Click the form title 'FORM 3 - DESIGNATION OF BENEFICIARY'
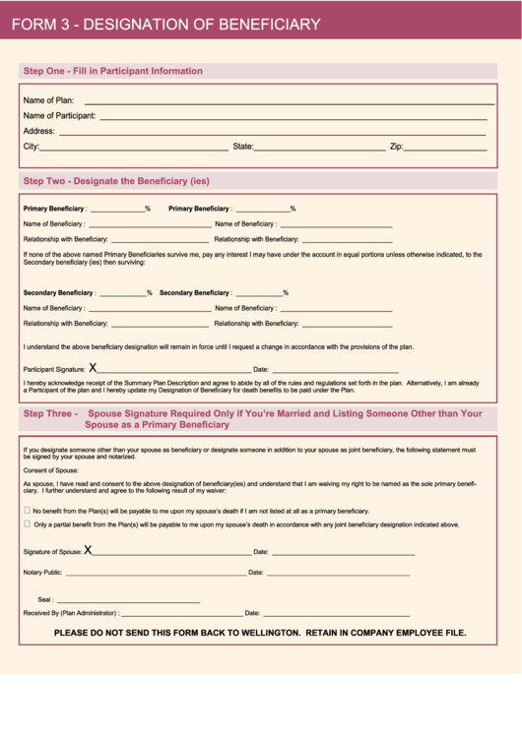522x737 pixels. point(165,25)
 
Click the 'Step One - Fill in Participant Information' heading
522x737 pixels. point(112,71)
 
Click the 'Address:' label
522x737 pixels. point(38,131)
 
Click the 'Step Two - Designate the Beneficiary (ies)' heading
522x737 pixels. point(116,181)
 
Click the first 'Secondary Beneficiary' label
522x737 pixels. point(59,293)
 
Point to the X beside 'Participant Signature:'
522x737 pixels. point(93,367)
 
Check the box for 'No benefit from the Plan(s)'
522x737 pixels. point(27,511)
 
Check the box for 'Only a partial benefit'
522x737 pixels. point(27,523)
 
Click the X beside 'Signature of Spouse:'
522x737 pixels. point(88,550)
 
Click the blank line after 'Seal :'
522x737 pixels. point(128,600)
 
